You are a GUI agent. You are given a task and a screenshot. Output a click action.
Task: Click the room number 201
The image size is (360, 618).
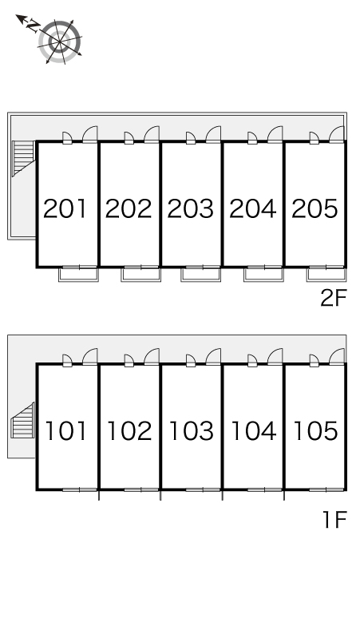pos(65,208)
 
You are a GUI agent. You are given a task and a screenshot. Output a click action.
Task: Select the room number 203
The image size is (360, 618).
pos(191,208)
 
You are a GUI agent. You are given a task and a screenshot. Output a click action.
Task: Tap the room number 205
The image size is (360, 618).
pos(315,208)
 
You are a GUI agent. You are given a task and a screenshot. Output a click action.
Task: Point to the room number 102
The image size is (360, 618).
pos(129,431)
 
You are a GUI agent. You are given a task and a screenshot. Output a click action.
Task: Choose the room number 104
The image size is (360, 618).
pos(254,431)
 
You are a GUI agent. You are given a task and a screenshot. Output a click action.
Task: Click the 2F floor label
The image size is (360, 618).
pos(333,298)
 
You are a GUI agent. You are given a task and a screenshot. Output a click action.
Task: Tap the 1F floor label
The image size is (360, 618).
pos(334,520)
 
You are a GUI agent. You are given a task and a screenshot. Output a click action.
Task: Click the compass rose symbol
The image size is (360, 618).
pos(60,42)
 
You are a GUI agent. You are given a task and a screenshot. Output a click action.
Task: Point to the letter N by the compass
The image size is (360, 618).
pos(33,26)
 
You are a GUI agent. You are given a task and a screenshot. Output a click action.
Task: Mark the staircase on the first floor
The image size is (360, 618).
pos(23,420)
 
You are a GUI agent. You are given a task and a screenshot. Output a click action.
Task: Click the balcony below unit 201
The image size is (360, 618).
pos(78,275)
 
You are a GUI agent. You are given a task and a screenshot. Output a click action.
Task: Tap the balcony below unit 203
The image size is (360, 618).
pos(201,275)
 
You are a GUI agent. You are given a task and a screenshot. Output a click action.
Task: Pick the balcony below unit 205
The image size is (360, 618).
pos(326,275)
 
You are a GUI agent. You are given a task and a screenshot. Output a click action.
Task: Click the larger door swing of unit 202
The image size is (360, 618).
pos(152,134)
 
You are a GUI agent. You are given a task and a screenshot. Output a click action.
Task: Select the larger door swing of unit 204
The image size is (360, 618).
pos(275,134)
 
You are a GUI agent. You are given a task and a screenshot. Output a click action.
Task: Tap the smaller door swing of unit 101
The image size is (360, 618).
pos(67,360)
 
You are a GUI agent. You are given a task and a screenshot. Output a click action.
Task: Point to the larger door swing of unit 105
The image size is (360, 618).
pos(337,357)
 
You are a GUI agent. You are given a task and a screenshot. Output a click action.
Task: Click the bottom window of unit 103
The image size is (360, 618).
pos(203,490)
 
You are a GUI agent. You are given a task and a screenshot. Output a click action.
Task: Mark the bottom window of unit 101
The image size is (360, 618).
pos(80,490)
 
